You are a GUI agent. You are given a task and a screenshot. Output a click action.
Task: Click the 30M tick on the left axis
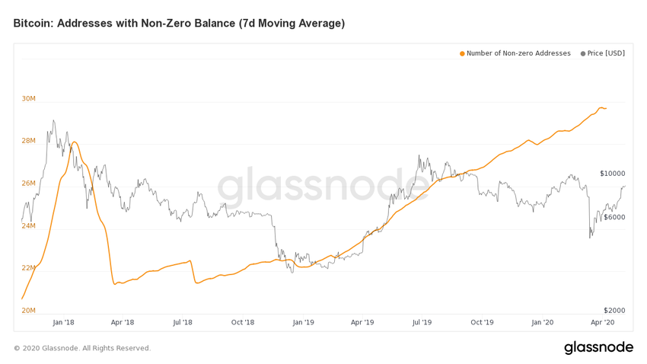pyautogui.click(x=28, y=99)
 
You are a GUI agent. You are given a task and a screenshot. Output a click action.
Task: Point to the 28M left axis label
pyautogui.click(x=28, y=141)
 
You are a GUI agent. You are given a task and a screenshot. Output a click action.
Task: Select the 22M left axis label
pyautogui.click(x=28, y=268)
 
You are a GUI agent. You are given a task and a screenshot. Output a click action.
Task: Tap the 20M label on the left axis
pyautogui.click(x=28, y=311)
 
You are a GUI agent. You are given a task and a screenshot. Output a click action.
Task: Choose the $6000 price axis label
pyautogui.click(x=612, y=217)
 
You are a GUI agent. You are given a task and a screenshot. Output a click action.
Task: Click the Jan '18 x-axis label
pyautogui.click(x=63, y=322)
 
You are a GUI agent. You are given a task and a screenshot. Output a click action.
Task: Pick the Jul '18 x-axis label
pyautogui.click(x=183, y=322)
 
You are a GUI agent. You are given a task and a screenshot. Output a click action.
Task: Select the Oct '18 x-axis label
pyautogui.click(x=243, y=322)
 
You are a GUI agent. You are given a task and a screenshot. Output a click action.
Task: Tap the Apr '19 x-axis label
pyautogui.click(x=362, y=322)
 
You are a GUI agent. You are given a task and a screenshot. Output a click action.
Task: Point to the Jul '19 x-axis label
pyautogui.click(x=422, y=322)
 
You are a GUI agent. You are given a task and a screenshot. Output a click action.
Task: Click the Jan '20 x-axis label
pyautogui.click(x=543, y=322)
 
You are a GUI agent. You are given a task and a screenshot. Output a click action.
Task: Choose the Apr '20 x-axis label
pyautogui.click(x=603, y=322)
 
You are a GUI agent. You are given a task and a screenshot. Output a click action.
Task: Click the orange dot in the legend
pyautogui.click(x=462, y=53)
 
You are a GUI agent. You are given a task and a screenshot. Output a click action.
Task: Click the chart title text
pyautogui.click(x=179, y=24)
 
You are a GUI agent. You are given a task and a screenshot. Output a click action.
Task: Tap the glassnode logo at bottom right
pyautogui.click(x=598, y=347)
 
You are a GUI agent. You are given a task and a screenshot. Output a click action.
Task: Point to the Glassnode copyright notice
pyautogui.click(x=82, y=348)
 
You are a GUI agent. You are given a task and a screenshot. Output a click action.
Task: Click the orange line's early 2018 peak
pyautogui.click(x=74, y=142)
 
